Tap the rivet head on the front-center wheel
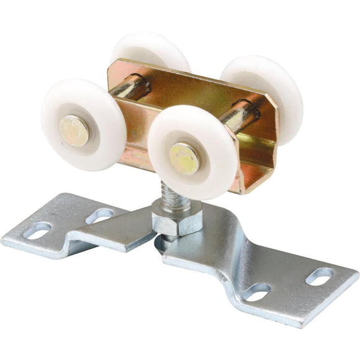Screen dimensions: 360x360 (x=184, y=158)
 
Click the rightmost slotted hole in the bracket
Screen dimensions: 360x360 (x=319, y=276)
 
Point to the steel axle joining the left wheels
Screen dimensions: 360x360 (x=127, y=91)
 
